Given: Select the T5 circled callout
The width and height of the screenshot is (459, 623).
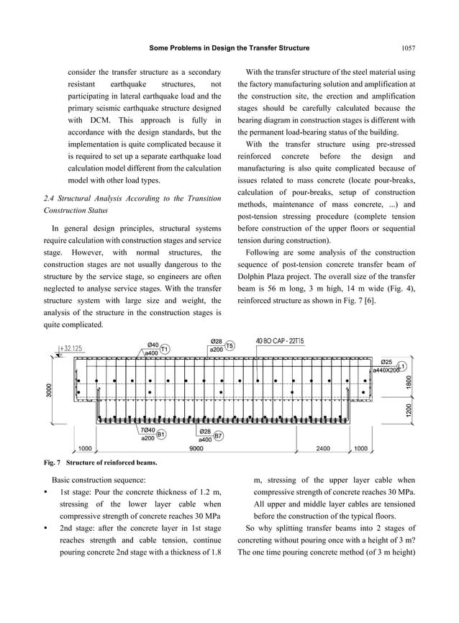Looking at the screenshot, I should [x=229, y=346].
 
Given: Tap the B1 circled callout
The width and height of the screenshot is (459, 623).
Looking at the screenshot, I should [x=161, y=435].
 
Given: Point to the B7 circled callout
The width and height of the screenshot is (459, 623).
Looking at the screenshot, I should [x=219, y=435].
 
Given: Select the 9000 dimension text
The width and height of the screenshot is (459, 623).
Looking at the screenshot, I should [x=195, y=448].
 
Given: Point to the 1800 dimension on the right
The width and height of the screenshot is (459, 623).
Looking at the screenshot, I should [x=409, y=382].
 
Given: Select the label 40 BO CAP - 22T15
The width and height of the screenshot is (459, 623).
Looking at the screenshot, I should [x=283, y=341].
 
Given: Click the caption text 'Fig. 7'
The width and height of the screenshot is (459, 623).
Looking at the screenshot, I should [x=58, y=461].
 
